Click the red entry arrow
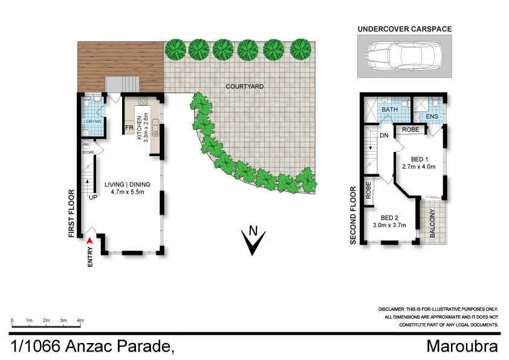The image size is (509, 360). point(90,241)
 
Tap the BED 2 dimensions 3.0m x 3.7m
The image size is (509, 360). point(389,225)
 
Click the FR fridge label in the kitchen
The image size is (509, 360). point(129,128)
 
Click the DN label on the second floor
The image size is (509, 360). point(383,136)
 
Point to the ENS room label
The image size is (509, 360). point(432,117)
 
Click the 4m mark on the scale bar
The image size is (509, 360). point(80,319)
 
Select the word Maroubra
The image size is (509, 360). point(462,347)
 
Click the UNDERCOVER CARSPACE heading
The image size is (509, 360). point(404,28)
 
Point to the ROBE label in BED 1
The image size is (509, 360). point(410,129)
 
